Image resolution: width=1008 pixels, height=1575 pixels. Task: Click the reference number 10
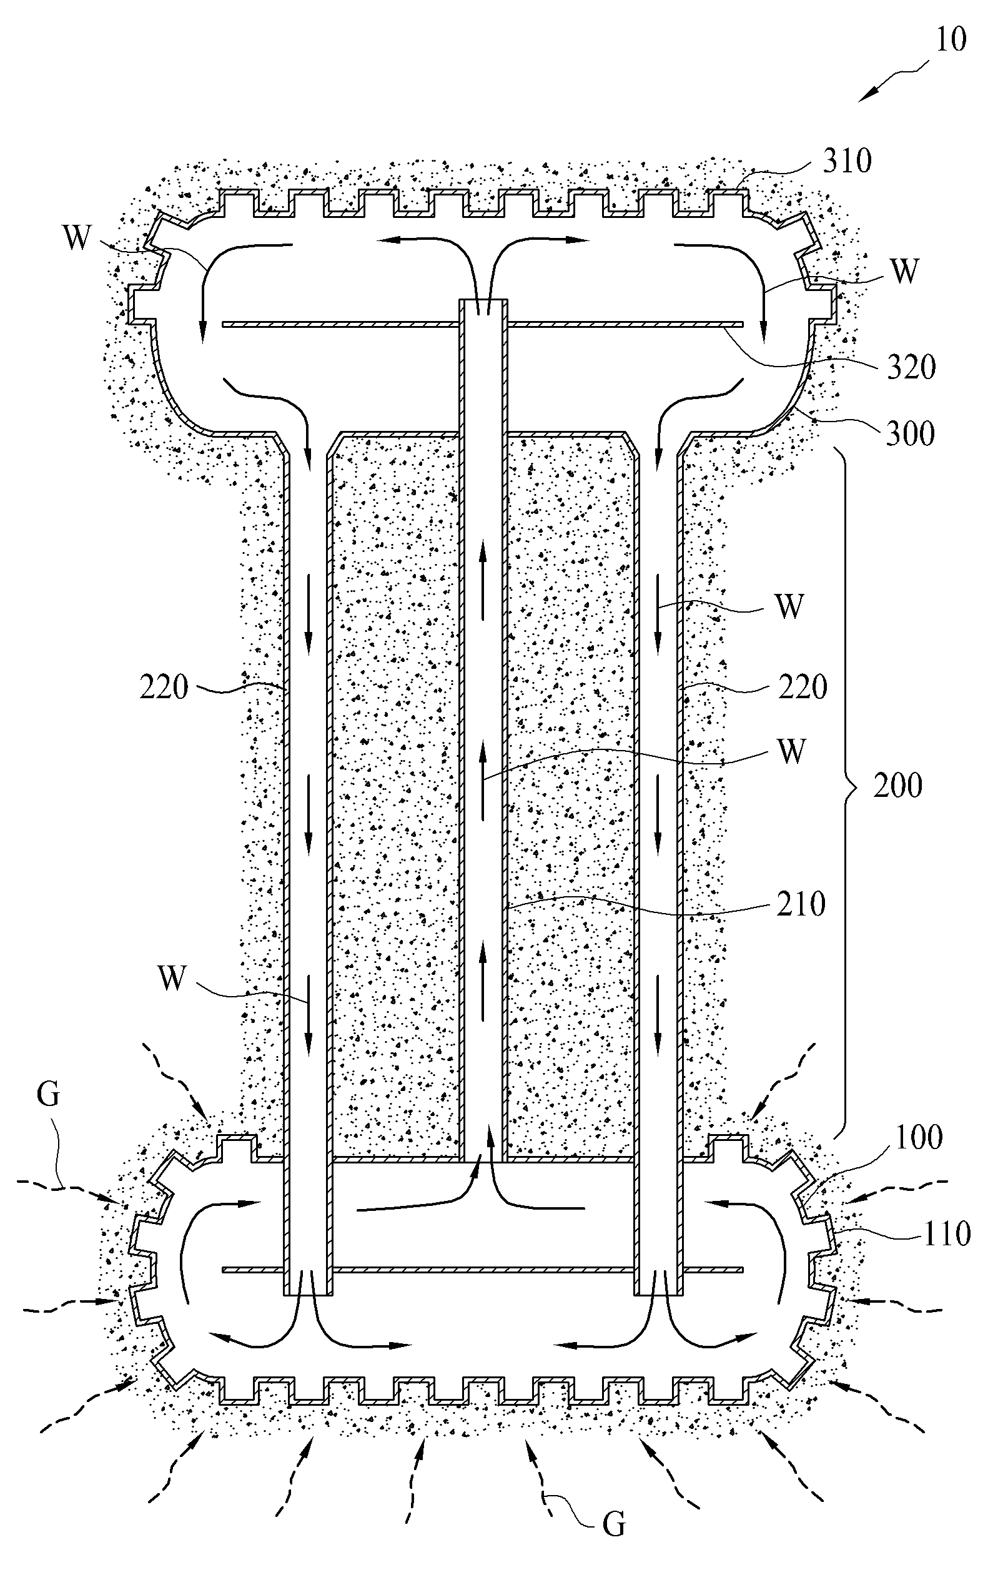[951, 40]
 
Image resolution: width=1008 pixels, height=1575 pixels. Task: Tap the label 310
[847, 160]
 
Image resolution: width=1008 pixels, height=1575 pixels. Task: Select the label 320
[911, 368]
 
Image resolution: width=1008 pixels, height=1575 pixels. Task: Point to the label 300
[911, 433]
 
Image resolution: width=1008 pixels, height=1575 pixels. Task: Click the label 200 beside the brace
[898, 785]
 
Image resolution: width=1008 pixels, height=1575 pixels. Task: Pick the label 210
[801, 904]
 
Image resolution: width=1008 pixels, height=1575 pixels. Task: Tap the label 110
[946, 1234]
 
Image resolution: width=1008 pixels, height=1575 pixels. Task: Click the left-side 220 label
[164, 688]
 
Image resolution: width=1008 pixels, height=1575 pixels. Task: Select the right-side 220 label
[803, 688]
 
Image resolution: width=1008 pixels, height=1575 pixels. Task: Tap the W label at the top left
[77, 238]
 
